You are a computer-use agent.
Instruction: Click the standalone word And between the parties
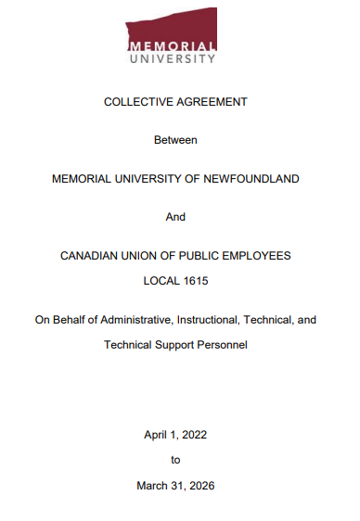175,216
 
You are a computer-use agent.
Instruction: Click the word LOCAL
160,279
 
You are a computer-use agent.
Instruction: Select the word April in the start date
155,433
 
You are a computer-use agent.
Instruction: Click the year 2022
195,433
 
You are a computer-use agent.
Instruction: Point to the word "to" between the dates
175,459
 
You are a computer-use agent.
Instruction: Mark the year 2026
201,484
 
